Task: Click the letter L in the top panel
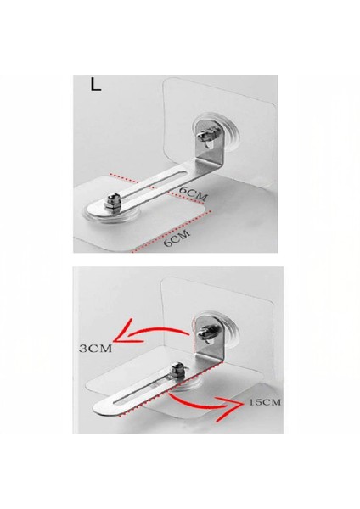[x=96, y=84]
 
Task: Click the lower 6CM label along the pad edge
[x=177, y=238]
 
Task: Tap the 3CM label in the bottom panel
[x=96, y=349]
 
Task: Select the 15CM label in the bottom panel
[x=264, y=402]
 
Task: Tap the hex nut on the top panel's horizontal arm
[x=110, y=204]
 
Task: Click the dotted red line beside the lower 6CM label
[x=171, y=231]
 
